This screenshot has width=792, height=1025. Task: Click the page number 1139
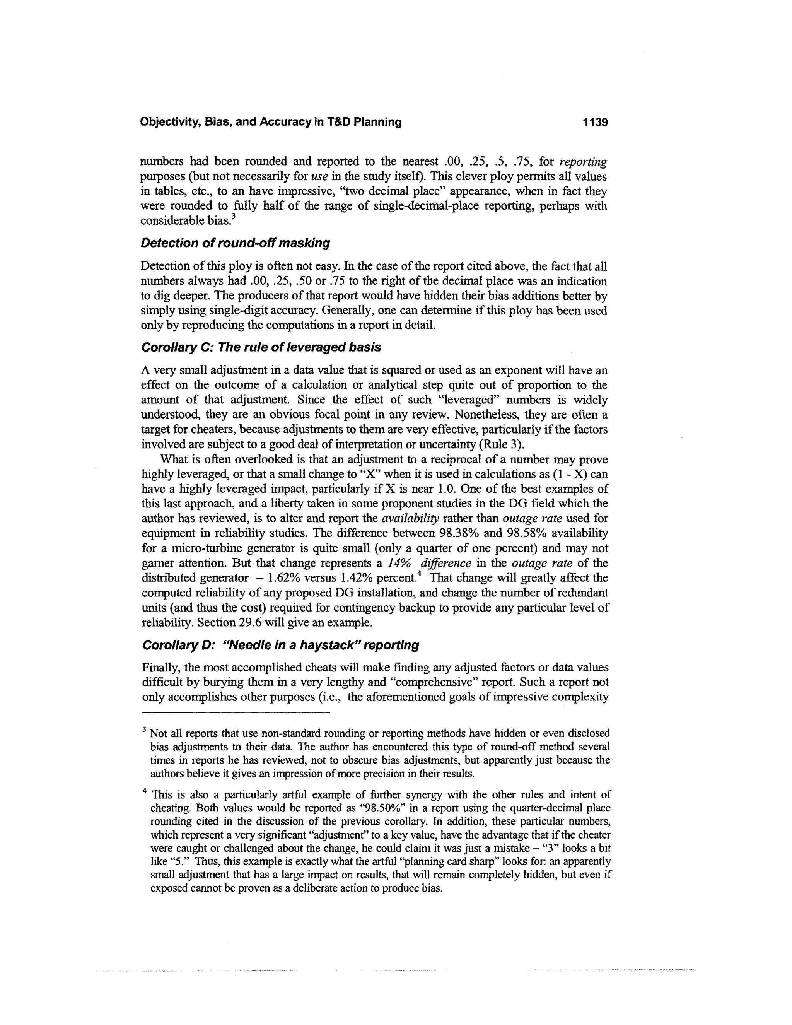point(595,123)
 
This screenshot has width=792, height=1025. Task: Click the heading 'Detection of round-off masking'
point(235,243)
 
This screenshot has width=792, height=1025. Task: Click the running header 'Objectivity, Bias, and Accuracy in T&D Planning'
point(271,123)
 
